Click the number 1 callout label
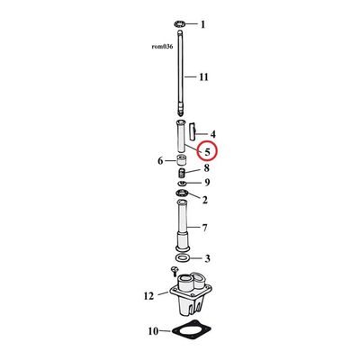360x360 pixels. pos(203,24)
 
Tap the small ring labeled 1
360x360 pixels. pos(179,23)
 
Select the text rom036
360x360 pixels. pos(162,47)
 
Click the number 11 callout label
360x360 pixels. pos(203,77)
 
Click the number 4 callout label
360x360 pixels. pos(212,134)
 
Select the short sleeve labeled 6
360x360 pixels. pos(181,160)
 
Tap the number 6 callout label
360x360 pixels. pos(160,161)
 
